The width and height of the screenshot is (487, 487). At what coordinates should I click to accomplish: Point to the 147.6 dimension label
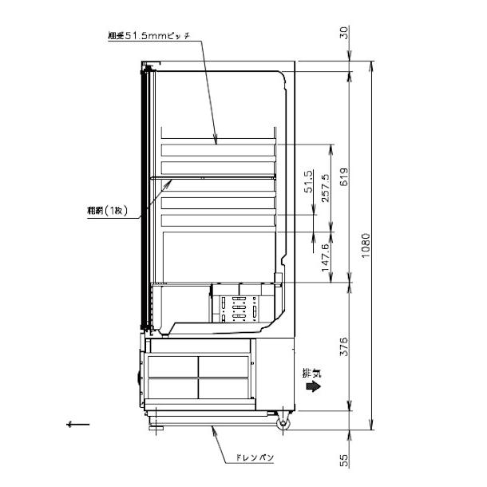(324, 257)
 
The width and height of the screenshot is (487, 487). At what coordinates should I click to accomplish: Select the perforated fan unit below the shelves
(236, 307)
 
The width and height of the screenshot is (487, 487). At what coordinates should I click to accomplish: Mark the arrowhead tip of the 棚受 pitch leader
(216, 145)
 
